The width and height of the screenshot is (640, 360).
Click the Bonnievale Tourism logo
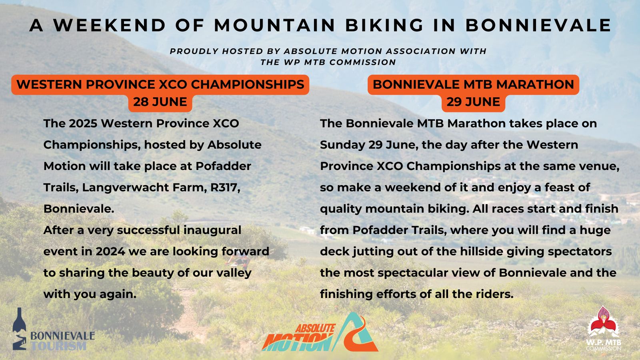[53, 330]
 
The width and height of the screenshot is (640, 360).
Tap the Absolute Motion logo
[320, 333]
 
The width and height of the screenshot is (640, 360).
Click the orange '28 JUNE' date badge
[160, 102]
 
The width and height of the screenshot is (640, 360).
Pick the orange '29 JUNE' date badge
[473, 102]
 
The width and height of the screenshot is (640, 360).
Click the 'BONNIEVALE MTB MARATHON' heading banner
[473, 84]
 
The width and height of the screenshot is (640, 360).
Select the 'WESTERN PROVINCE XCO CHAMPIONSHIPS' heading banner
[160, 84]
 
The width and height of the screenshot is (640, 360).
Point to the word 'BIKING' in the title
[384, 26]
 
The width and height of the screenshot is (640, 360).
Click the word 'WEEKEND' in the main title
[110, 26]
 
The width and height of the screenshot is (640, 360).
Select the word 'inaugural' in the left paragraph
[212, 230]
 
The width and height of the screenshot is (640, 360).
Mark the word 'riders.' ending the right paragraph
[494, 294]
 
